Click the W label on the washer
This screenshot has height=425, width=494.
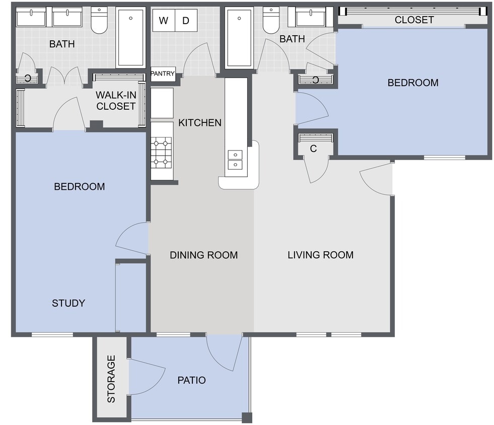click(x=164, y=21)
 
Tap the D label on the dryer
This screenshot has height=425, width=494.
click(x=186, y=21)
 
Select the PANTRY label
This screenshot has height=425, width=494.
click(x=163, y=74)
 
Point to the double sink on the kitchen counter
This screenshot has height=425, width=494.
click(x=235, y=160)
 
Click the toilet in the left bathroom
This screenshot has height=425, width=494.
click(x=99, y=21)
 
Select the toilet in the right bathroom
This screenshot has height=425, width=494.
click(x=271, y=21)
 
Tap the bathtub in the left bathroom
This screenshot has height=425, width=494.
click(x=130, y=38)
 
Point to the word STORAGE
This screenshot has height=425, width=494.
click(x=111, y=379)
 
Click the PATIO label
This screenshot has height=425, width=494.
click(x=191, y=380)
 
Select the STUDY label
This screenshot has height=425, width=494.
click(x=68, y=303)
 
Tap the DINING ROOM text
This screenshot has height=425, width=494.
click(x=203, y=255)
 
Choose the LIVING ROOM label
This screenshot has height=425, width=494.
click(x=320, y=255)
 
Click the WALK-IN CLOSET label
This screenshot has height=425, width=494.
click(x=116, y=100)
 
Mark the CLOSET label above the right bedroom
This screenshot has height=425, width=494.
click(x=414, y=20)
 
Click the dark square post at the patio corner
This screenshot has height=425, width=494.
click(x=246, y=417)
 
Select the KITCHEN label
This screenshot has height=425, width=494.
click(x=200, y=122)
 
